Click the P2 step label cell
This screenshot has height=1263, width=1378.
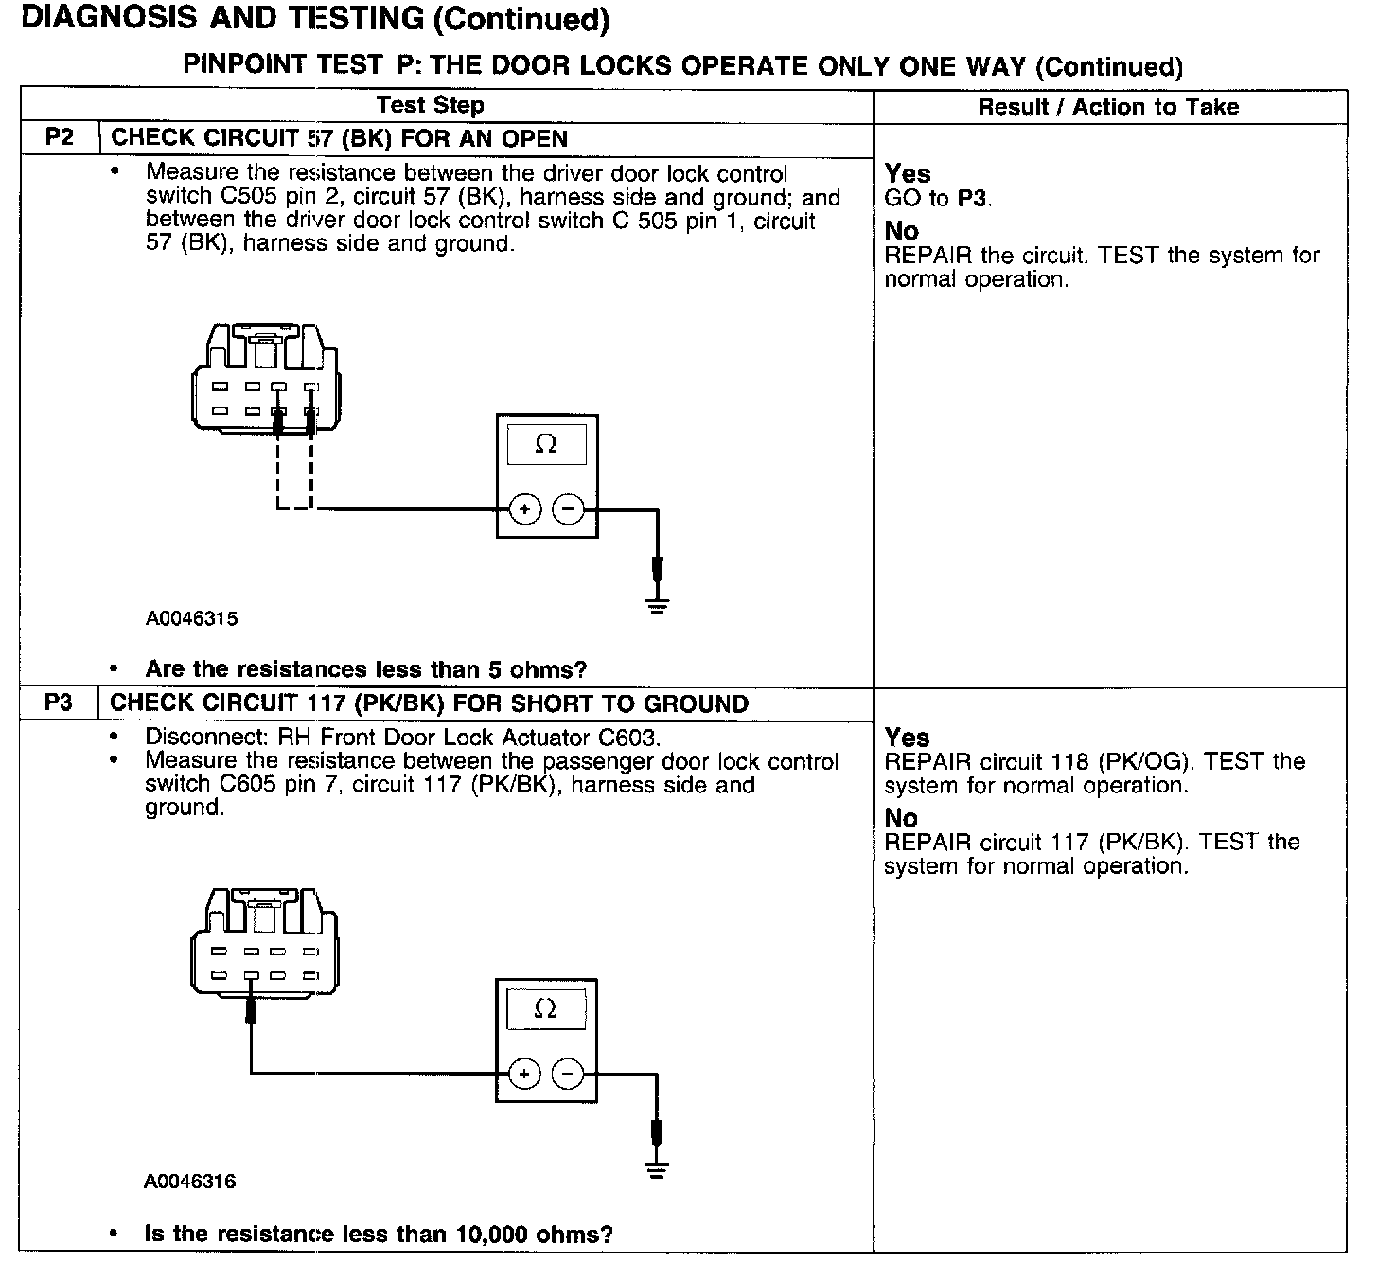tap(59, 138)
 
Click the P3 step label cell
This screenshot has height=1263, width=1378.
tap(59, 703)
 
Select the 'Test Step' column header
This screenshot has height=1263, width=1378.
tap(430, 105)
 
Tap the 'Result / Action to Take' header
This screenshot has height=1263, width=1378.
tap(1108, 106)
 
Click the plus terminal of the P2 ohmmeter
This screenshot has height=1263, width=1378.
tap(525, 509)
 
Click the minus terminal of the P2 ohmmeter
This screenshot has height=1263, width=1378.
tap(568, 509)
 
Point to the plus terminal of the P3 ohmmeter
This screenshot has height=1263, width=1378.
tap(524, 1074)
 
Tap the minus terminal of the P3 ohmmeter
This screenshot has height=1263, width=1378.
tap(568, 1074)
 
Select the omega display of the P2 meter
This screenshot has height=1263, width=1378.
tap(546, 444)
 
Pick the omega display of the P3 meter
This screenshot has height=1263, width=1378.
tap(546, 1009)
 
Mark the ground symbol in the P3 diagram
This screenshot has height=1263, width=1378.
tap(658, 1169)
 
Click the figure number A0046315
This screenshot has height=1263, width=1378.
tap(191, 619)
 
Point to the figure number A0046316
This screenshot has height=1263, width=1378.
tap(190, 1182)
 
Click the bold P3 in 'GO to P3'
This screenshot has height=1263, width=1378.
tap(973, 199)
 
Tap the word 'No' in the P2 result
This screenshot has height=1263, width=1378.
tap(901, 231)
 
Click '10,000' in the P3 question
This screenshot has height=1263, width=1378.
tap(492, 1235)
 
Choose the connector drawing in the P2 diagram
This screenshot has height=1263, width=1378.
tap(265, 379)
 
